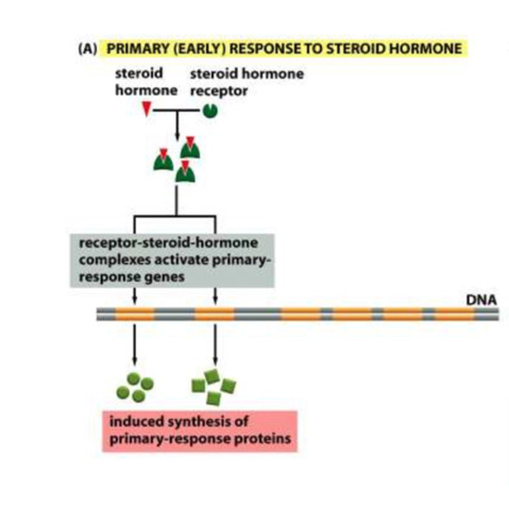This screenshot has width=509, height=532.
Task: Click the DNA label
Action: (x=481, y=300)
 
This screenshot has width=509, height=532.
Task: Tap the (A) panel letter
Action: (x=87, y=48)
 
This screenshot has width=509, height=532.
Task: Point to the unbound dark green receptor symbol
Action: (x=210, y=110)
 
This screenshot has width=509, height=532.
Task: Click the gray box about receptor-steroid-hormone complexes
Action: (x=172, y=261)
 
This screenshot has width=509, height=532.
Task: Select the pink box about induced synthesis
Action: (x=200, y=430)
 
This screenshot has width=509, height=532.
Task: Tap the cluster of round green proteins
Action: (x=135, y=387)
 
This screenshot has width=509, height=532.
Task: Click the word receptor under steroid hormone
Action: (x=218, y=91)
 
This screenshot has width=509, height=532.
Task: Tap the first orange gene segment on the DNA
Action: (x=135, y=314)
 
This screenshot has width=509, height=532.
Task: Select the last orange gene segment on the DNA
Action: (x=454, y=314)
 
